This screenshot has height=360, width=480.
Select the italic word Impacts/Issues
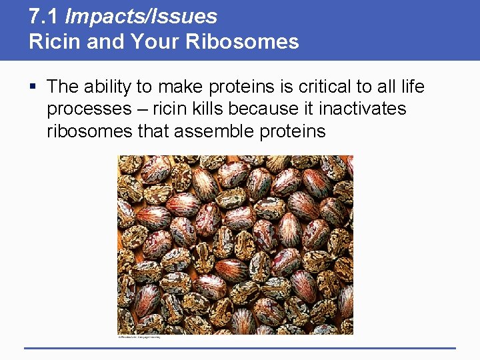point(139,16)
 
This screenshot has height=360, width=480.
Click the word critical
point(304,87)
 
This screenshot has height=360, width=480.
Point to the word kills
point(221,109)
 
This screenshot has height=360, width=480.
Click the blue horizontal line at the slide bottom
point(240,347)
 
